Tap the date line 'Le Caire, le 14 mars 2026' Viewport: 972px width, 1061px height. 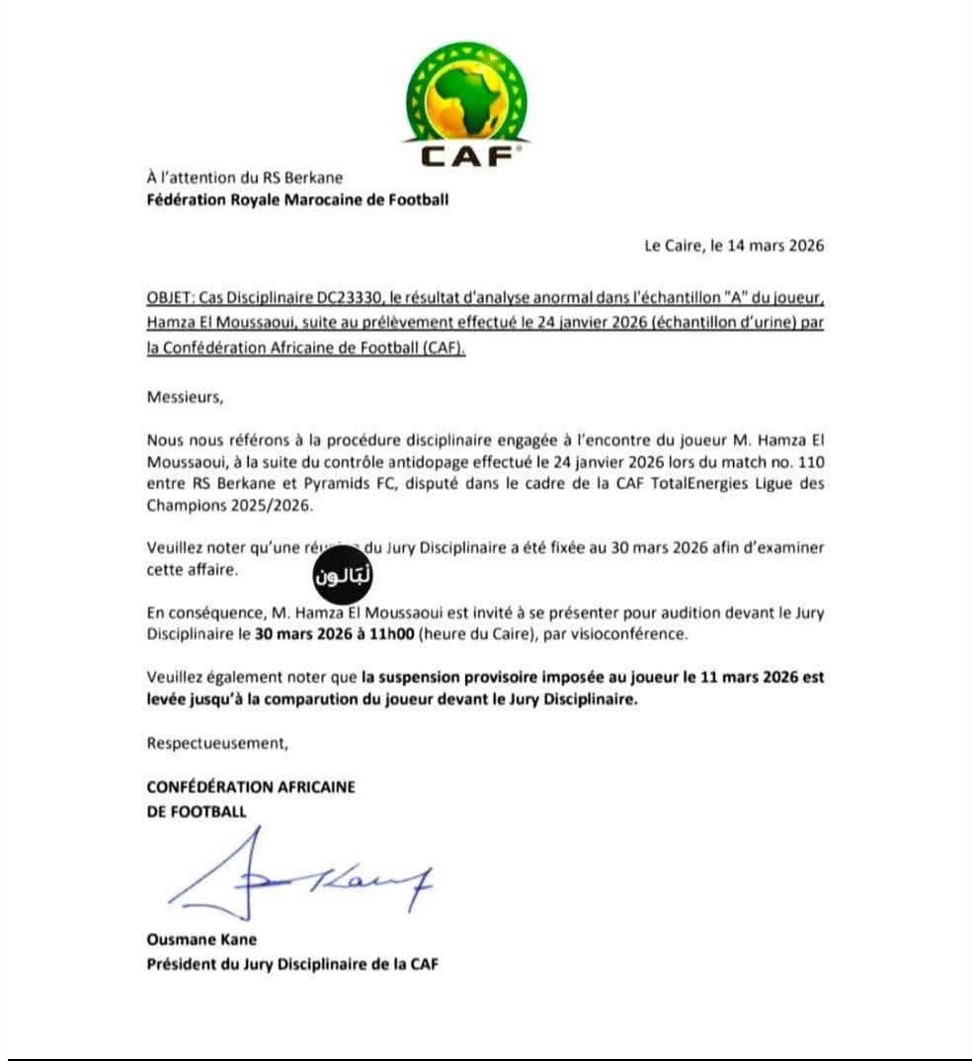734,246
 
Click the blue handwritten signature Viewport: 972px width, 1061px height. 296,879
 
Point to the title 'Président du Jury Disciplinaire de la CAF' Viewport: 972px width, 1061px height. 292,963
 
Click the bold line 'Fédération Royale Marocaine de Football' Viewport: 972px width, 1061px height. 297,201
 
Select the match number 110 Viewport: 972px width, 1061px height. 808,460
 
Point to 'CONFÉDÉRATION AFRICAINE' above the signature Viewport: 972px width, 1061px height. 251,787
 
